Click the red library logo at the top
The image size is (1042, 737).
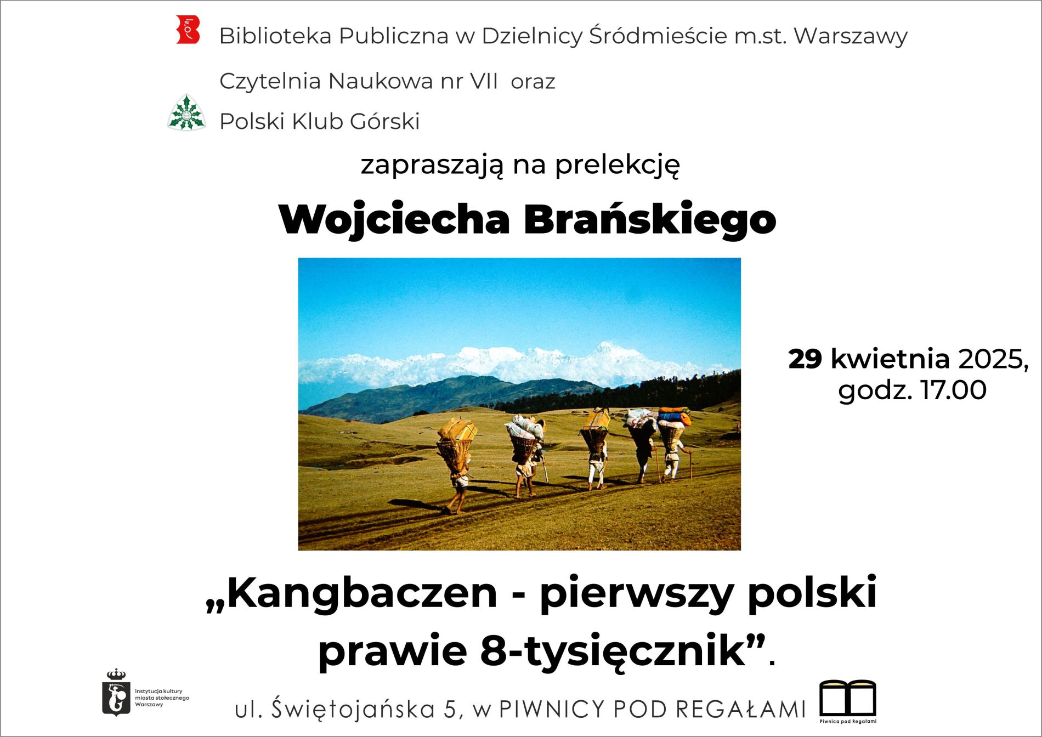pyautogui.click(x=188, y=30)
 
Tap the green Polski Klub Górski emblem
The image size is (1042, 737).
pyautogui.click(x=186, y=112)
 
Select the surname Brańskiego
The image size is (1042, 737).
pyautogui.click(x=650, y=219)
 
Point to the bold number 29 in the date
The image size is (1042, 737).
pyautogui.click(x=805, y=359)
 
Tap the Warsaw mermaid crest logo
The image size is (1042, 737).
pyautogui.click(x=116, y=692)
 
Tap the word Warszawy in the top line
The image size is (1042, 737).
pyautogui.click(x=851, y=36)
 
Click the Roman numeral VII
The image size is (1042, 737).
pyautogui.click(x=484, y=81)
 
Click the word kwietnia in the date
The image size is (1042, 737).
pyautogui.click(x=890, y=359)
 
